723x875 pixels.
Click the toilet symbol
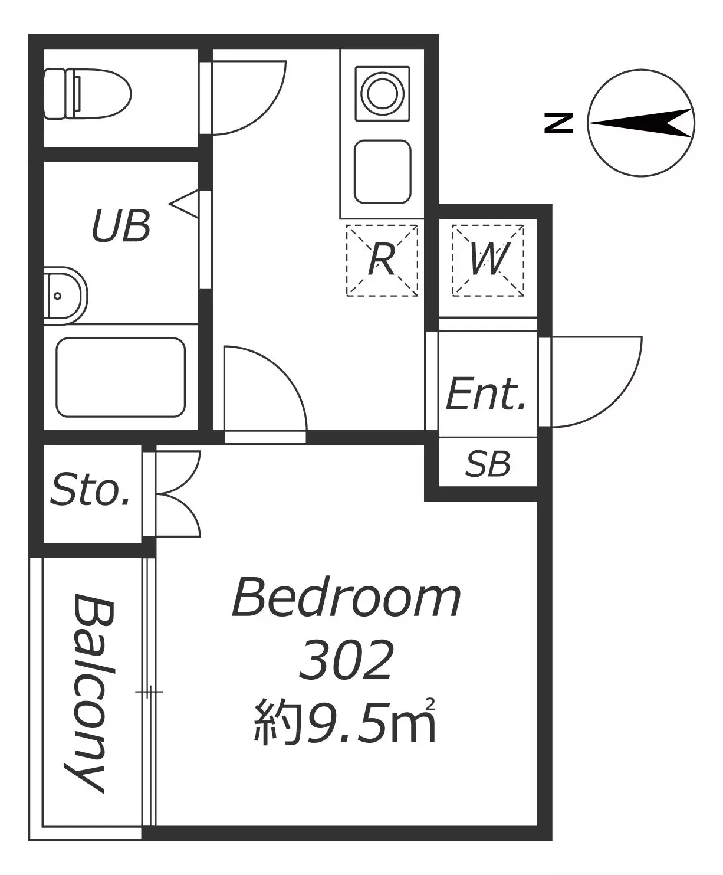point(87,94)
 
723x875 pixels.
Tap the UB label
point(121,227)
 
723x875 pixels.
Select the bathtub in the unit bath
point(121,377)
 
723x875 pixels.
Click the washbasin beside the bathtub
point(65,296)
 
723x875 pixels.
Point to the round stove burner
point(382,93)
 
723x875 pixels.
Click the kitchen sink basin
point(382,172)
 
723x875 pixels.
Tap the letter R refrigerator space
point(382,260)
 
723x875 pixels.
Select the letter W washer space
point(488,260)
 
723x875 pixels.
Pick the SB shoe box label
point(488,464)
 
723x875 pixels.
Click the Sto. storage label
point(90,490)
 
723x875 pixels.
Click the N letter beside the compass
point(559,123)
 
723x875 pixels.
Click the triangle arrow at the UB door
point(185,204)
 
